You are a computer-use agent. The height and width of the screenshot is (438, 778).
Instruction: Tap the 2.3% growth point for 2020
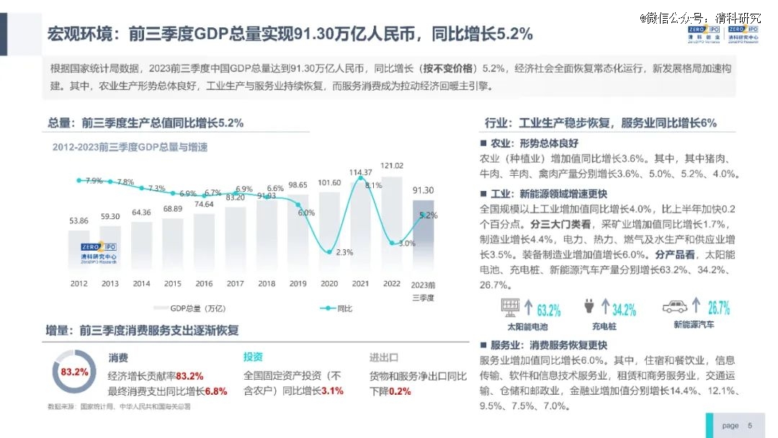330,251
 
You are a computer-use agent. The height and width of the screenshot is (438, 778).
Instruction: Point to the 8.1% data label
373,185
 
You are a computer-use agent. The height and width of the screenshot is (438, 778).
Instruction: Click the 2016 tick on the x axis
205,284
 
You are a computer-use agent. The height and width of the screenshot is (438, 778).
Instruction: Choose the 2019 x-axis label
298,284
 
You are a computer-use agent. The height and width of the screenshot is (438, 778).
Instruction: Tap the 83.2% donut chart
74,372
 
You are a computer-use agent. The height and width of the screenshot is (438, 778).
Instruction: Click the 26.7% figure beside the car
718,308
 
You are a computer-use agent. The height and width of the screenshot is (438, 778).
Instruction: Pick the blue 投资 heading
253,357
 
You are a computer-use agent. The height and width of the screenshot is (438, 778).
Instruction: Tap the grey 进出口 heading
384,357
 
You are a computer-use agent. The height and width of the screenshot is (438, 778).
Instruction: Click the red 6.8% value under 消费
216,391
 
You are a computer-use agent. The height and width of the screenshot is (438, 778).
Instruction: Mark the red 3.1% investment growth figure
332,391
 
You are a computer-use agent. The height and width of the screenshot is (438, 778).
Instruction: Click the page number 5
750,426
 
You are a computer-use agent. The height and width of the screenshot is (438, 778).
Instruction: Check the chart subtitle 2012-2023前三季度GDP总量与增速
130,148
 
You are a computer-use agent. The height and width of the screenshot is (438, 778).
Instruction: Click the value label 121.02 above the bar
392,166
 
